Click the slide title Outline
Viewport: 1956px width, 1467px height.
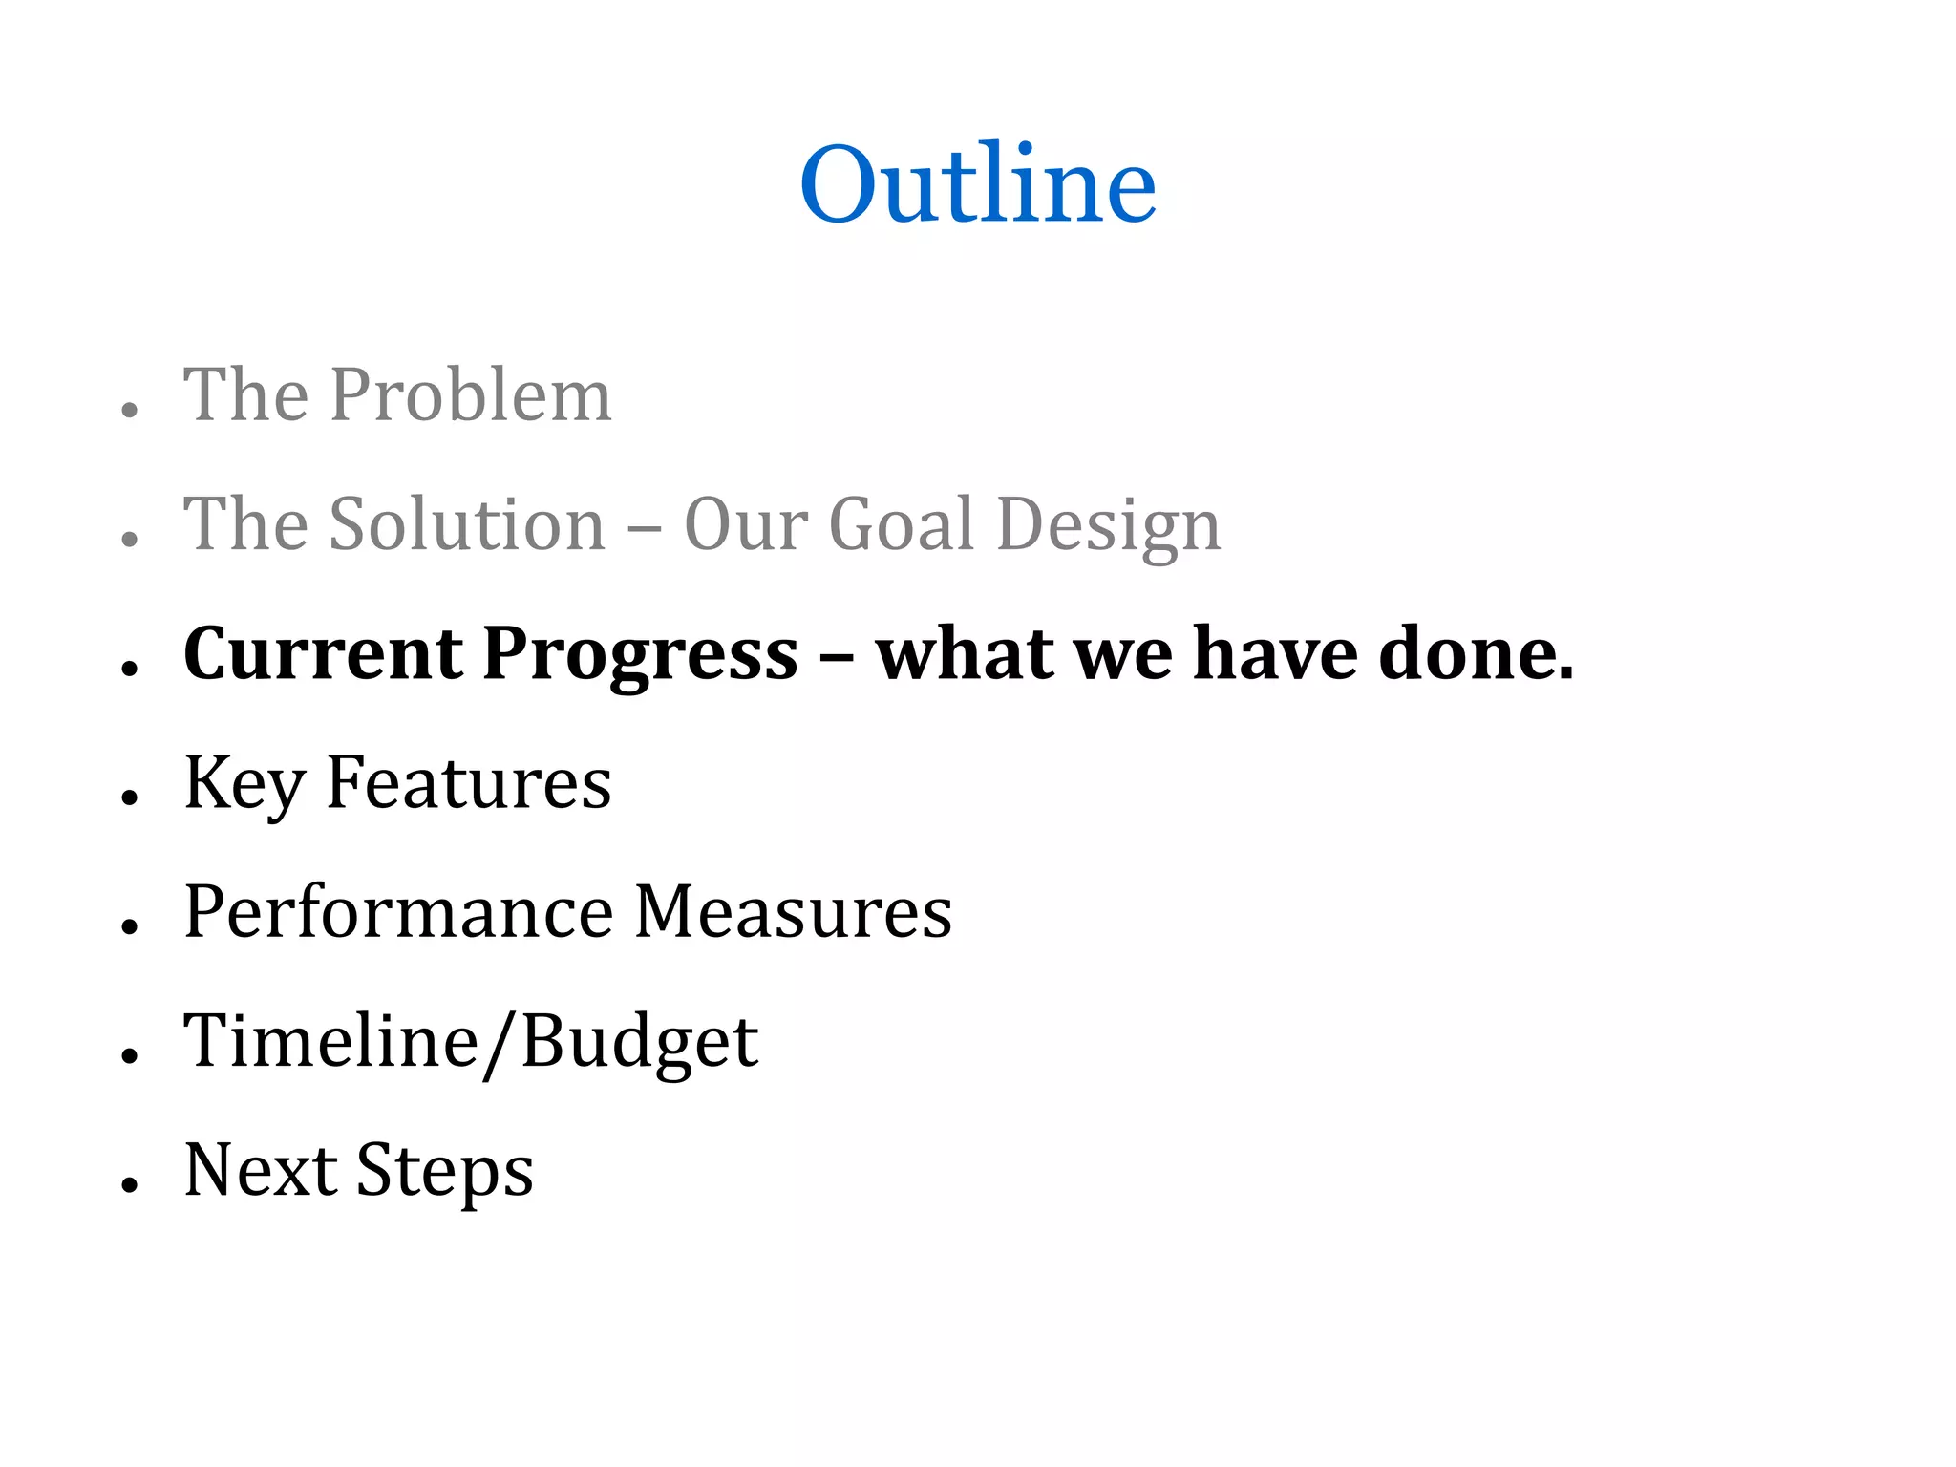978,183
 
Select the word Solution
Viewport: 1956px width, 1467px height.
467,524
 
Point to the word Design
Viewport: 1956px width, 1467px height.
1108,526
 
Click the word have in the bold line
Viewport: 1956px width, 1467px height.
1276,654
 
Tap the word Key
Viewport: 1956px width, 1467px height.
244,784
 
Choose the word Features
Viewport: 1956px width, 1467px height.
468,782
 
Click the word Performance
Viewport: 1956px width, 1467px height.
398,912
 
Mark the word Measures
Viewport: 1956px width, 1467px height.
793,912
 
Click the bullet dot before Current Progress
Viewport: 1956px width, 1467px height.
131,669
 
